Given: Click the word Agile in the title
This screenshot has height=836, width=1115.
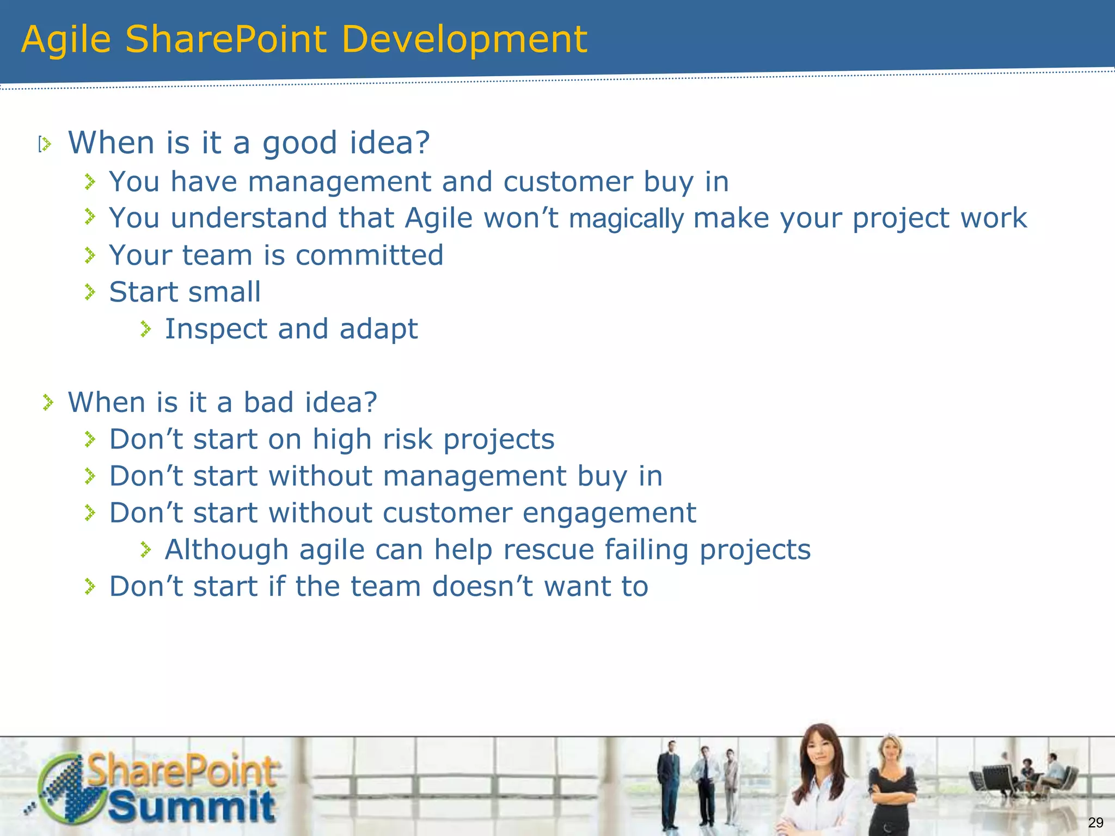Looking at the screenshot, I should pos(66,40).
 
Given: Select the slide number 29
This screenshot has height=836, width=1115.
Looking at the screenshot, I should pos(1095,822).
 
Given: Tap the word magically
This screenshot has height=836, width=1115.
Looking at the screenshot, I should pos(626,219).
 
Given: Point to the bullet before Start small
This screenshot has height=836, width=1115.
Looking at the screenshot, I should pos(90,292).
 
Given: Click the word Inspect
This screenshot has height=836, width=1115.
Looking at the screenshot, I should pos(216,329).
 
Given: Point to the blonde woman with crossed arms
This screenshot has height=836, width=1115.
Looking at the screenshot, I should pos(891,784).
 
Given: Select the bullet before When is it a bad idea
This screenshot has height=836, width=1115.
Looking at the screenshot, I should pos(48,403).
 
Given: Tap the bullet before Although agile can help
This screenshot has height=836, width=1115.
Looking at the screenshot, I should pos(145,550).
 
